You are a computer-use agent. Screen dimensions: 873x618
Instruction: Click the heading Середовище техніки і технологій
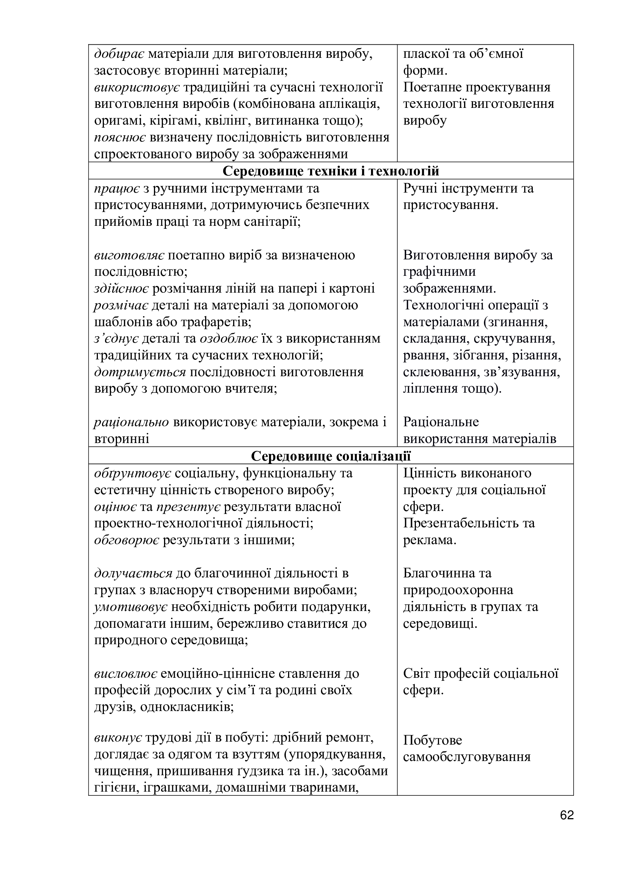331,171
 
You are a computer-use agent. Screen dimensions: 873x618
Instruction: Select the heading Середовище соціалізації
331,455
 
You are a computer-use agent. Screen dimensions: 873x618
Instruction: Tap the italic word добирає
119,54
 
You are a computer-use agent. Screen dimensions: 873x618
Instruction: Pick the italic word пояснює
120,138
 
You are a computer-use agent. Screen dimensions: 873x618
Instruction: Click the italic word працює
117,188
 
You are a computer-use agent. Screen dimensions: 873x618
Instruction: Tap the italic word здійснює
121,289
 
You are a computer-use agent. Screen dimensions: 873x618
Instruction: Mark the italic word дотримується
140,372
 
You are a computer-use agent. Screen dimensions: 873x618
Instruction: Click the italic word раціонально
131,422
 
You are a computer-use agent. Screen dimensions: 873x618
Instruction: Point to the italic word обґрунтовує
133,473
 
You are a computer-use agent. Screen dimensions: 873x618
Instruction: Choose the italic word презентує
188,507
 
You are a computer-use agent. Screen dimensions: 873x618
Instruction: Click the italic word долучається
133,573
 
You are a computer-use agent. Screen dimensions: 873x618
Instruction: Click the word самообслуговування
467,757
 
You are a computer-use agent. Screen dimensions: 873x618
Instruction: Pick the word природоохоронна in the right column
458,590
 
